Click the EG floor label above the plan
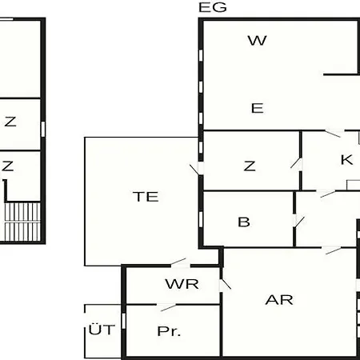[213, 7]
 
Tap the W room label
[258, 41]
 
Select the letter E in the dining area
[258, 108]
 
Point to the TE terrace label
[146, 197]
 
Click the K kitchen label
[346, 160]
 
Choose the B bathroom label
[244, 222]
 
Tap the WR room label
[182, 284]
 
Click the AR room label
[279, 300]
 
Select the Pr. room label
[169, 331]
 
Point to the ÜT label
[102, 329]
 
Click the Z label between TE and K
[250, 166]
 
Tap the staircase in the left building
[22, 222]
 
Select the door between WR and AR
[225, 285]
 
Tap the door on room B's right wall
[298, 222]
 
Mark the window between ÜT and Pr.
[123, 321]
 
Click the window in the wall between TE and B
[201, 219]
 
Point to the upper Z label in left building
[10, 122]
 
